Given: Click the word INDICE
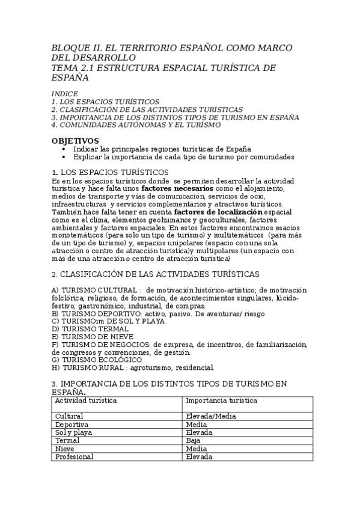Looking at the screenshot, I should tap(64, 94).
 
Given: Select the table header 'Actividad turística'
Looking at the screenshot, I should tap(86, 400).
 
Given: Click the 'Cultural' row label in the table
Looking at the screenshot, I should tap(69, 416).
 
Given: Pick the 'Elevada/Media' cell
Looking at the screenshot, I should tap(211, 416).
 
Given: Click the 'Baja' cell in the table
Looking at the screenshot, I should tap(193, 440).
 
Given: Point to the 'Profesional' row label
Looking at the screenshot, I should tap(74, 456).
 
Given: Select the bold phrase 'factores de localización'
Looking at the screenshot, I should tap(218, 212).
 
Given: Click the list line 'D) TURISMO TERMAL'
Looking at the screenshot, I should tap(90, 329).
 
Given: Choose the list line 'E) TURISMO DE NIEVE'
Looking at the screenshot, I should tap(93, 337).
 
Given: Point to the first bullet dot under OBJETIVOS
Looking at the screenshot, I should tap(64, 149).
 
